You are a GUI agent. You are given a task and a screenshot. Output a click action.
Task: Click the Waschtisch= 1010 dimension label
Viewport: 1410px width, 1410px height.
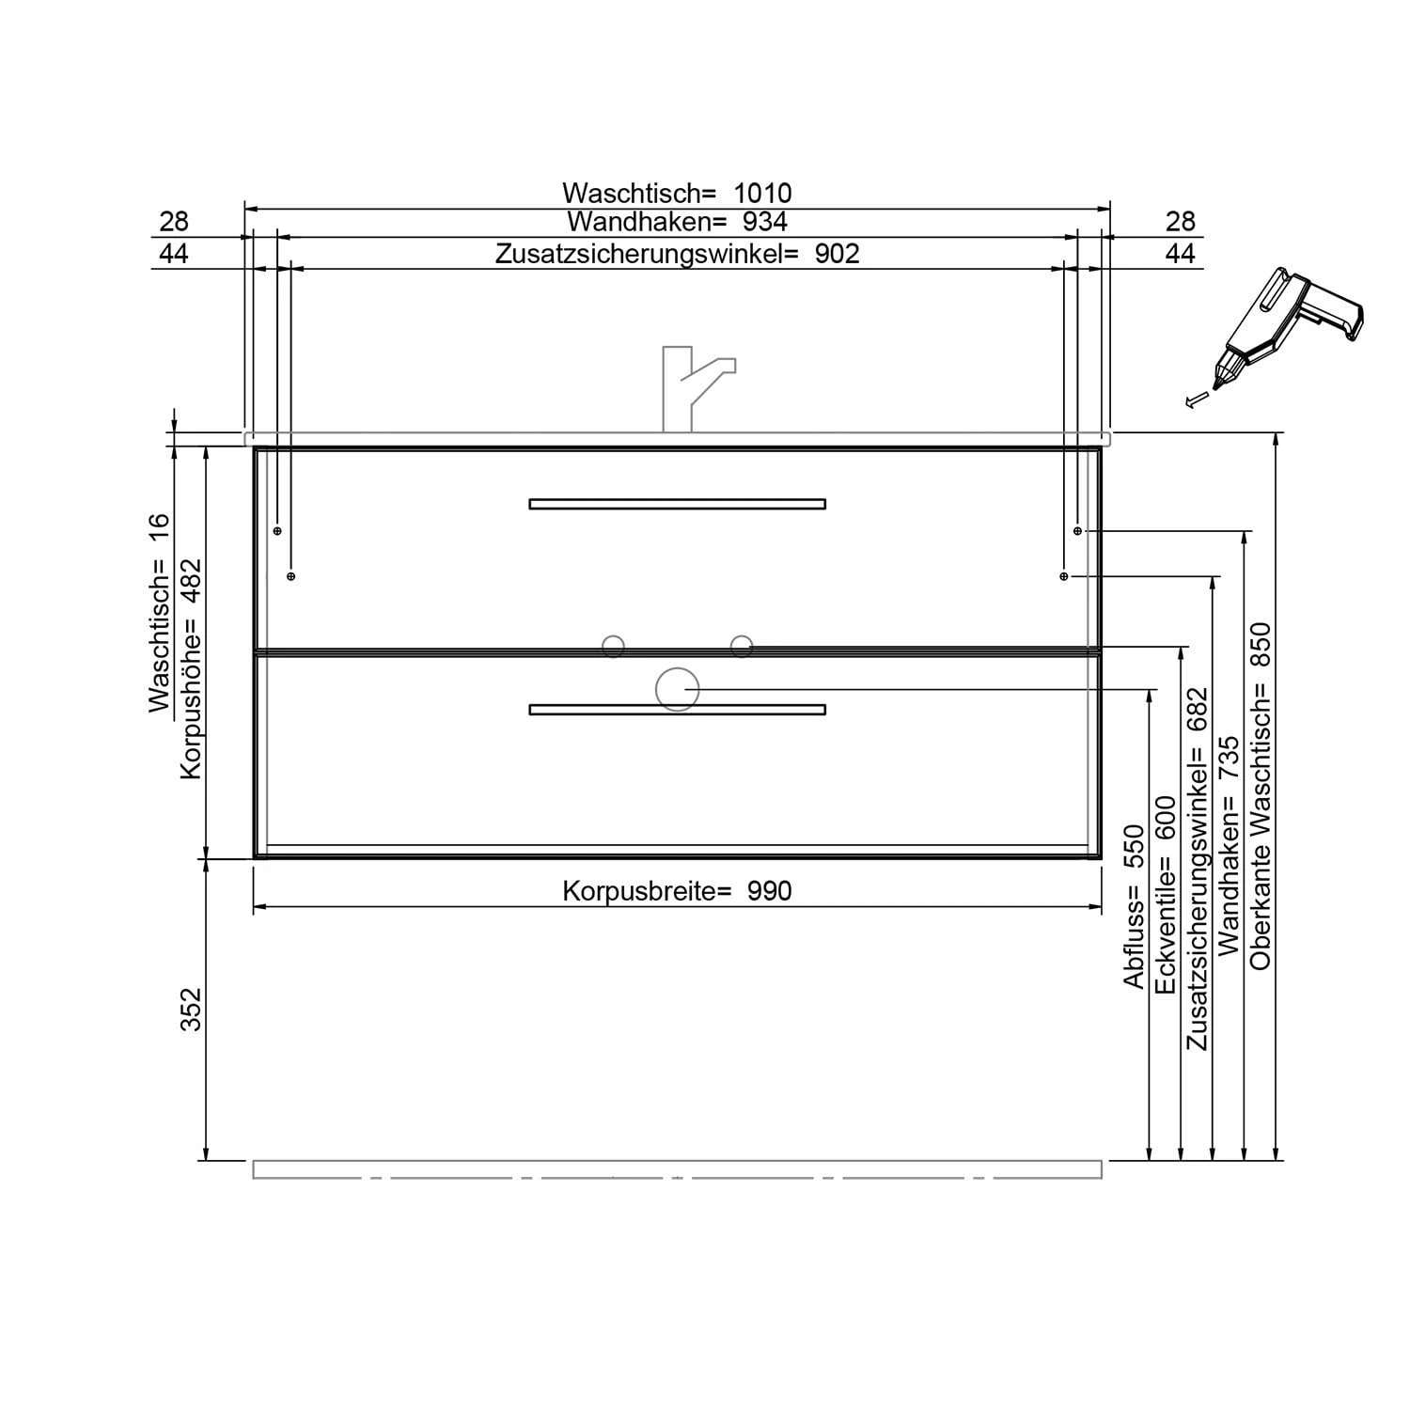pyautogui.click(x=677, y=193)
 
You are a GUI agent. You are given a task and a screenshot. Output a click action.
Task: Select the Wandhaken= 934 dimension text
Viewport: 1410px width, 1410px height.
pyautogui.click(x=677, y=222)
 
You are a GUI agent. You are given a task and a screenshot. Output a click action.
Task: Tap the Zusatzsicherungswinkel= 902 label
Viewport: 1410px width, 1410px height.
pyautogui.click(x=678, y=254)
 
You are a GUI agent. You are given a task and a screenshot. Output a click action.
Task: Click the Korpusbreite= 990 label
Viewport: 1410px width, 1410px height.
pyautogui.click(x=677, y=890)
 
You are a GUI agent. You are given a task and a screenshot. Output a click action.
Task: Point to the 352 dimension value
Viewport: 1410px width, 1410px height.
pyautogui.click(x=191, y=1009)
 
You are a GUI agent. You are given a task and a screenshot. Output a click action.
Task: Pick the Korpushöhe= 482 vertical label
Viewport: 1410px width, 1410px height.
pyautogui.click(x=191, y=668)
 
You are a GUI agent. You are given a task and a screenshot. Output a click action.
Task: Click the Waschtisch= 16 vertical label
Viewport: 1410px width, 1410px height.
pyautogui.click(x=160, y=613)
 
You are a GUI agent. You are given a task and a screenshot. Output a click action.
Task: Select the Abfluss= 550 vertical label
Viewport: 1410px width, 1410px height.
pyautogui.click(x=1135, y=906)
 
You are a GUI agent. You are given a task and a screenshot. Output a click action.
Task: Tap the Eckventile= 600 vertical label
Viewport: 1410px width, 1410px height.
pyautogui.click(x=1166, y=895)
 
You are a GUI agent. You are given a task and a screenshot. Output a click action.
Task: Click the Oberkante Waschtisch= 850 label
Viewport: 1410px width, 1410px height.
pyautogui.click(x=1261, y=795)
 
